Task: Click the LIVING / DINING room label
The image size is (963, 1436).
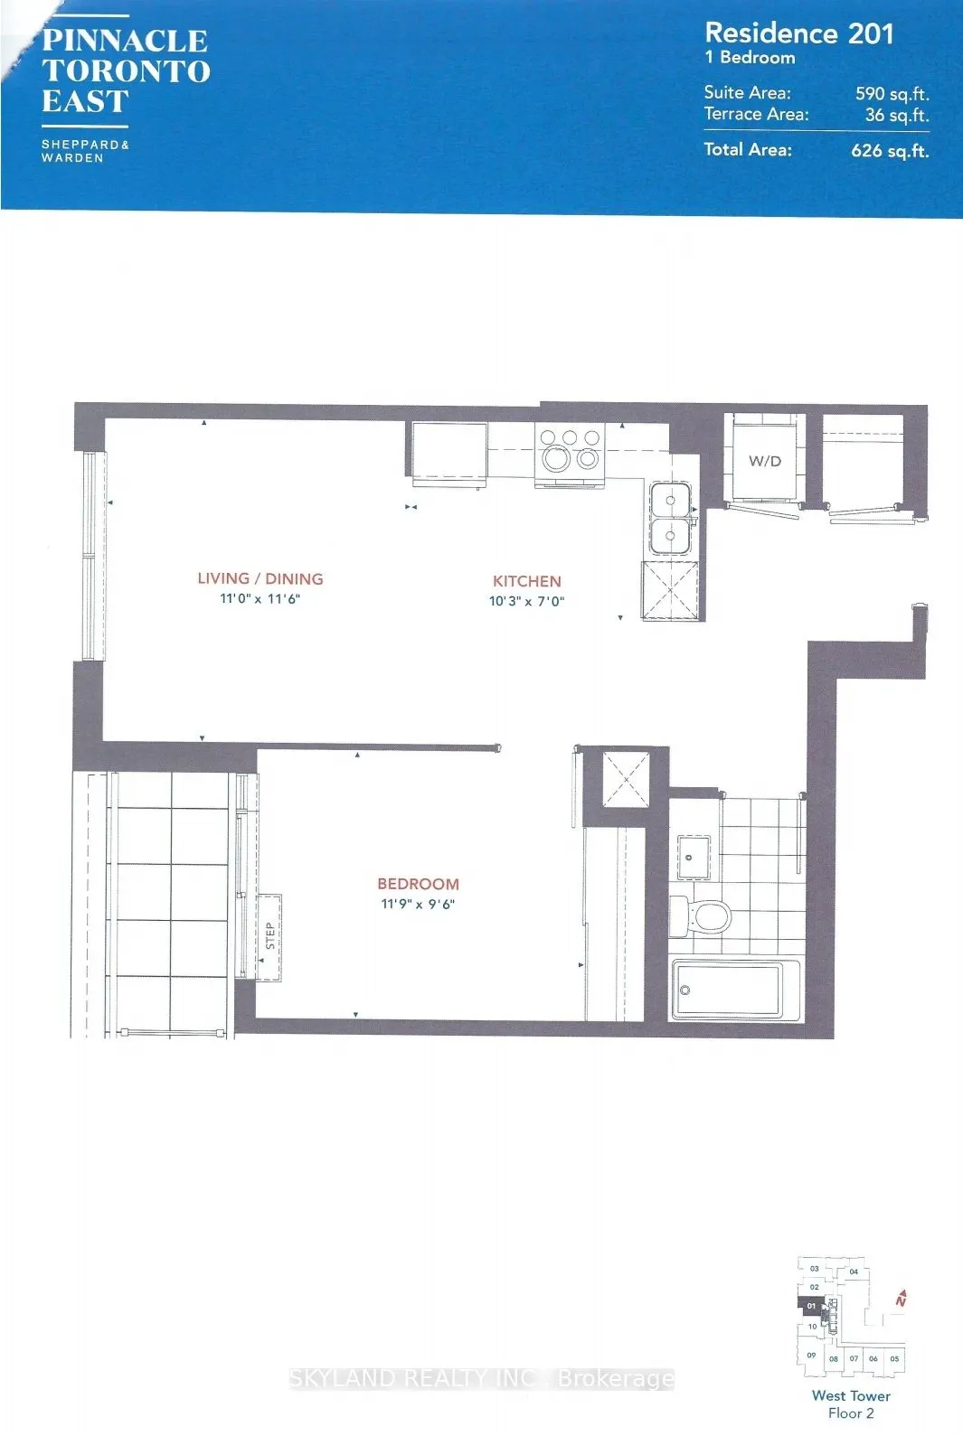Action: (260, 578)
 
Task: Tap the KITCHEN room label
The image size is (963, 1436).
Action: (526, 581)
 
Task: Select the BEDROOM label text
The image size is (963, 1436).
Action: (418, 884)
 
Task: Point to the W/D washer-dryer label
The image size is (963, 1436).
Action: (764, 461)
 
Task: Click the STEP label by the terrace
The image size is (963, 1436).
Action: (269, 936)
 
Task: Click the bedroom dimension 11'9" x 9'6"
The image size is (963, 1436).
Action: (418, 904)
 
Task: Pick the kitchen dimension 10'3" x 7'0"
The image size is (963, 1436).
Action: (526, 601)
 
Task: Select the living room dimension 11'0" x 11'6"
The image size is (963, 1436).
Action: (260, 598)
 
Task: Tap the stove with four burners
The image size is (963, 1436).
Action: (570, 450)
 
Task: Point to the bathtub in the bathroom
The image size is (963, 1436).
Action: (727, 990)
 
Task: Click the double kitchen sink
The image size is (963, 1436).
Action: (671, 518)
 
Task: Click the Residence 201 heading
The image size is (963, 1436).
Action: (799, 33)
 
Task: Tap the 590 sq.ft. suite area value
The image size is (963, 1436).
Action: (892, 93)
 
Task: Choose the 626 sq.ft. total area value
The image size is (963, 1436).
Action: (890, 151)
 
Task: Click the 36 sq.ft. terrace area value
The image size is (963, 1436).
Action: (896, 115)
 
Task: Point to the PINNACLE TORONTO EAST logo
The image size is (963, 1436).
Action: (126, 70)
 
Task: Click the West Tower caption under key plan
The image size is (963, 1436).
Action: (851, 1395)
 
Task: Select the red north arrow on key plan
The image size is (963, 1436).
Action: (901, 1300)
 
